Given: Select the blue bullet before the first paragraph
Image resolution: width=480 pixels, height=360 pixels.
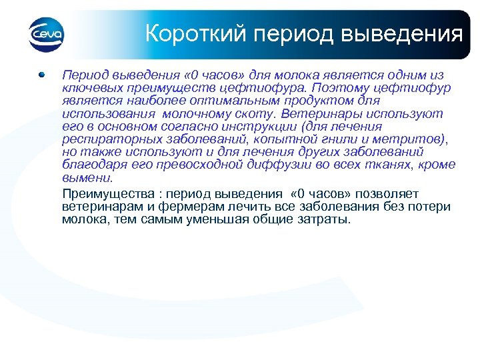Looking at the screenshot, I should click(x=41, y=75).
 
